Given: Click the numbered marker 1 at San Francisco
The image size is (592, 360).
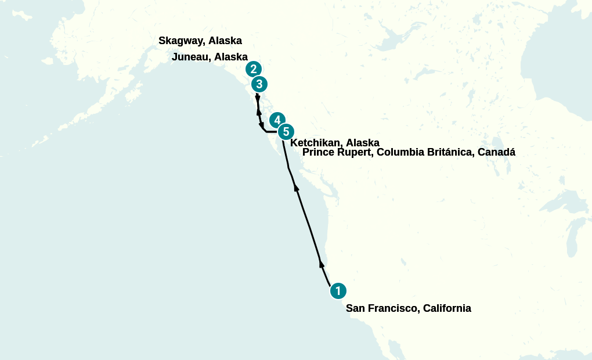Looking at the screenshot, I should coord(338,291).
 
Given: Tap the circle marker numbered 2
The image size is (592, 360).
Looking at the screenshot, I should coord(254,69).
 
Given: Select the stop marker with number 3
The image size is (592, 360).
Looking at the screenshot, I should coord(259,84).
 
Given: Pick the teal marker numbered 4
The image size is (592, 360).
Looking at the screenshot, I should coord(277,120).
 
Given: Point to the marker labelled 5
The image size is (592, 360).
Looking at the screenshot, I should coord(286,132).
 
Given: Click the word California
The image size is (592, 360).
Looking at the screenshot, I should coord(447,308).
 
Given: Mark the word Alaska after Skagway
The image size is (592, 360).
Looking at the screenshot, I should coord(225,41).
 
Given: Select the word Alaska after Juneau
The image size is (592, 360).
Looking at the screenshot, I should coord(231,57).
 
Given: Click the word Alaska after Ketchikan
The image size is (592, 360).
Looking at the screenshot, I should coord(363,143).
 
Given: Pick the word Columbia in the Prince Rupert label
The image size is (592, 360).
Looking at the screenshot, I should coord(397,153).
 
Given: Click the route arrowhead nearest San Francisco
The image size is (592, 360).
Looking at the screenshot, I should coord(322,264).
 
